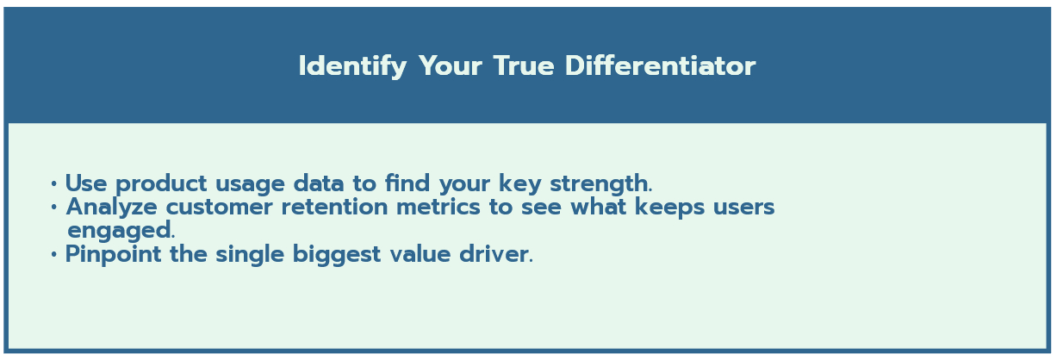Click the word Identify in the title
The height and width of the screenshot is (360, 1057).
pos(352,66)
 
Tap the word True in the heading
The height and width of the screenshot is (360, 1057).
pos(524,66)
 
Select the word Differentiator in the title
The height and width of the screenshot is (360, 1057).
pos(661,65)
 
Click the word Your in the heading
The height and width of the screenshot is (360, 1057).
pos(451,66)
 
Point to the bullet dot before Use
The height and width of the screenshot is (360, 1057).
pos(53,183)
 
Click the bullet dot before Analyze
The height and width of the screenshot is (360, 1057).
pos(53,208)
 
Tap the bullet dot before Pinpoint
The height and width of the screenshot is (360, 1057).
pos(53,254)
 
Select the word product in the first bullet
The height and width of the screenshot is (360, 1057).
pos(161,184)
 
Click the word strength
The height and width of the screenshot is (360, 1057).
pos(601,183)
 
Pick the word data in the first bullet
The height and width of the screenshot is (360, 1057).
pos(319,183)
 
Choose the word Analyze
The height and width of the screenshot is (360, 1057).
pos(111,208)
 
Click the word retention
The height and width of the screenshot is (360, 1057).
pos(334,208)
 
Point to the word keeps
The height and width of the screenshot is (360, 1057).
pos(669,208)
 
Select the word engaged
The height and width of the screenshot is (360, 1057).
pos(121,231)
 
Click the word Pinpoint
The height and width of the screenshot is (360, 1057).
pos(113,255)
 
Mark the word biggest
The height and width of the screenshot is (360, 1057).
pos(337,255)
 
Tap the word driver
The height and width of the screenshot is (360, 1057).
pos(496,254)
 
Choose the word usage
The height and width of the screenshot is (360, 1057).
pos(250,184)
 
